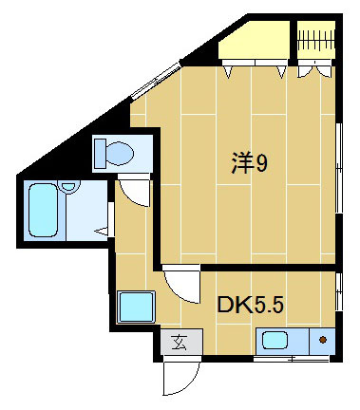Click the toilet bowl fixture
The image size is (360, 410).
point(118,152)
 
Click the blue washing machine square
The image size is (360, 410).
point(136,307)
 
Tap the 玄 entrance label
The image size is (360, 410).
point(179,343)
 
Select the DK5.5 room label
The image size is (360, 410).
point(251,306)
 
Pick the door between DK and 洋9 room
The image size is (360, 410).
point(180,283)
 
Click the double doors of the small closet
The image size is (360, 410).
point(313,68)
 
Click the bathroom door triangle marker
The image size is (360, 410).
point(111,229)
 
